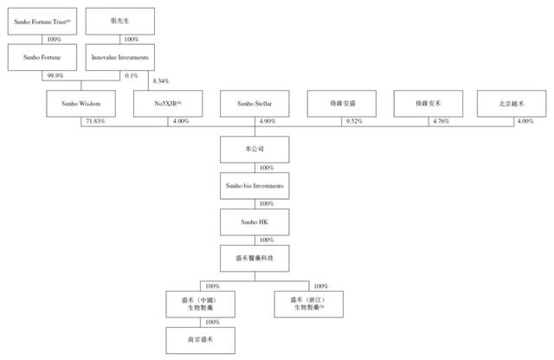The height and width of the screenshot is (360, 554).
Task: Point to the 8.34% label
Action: pyautogui.click(x=161, y=81)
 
